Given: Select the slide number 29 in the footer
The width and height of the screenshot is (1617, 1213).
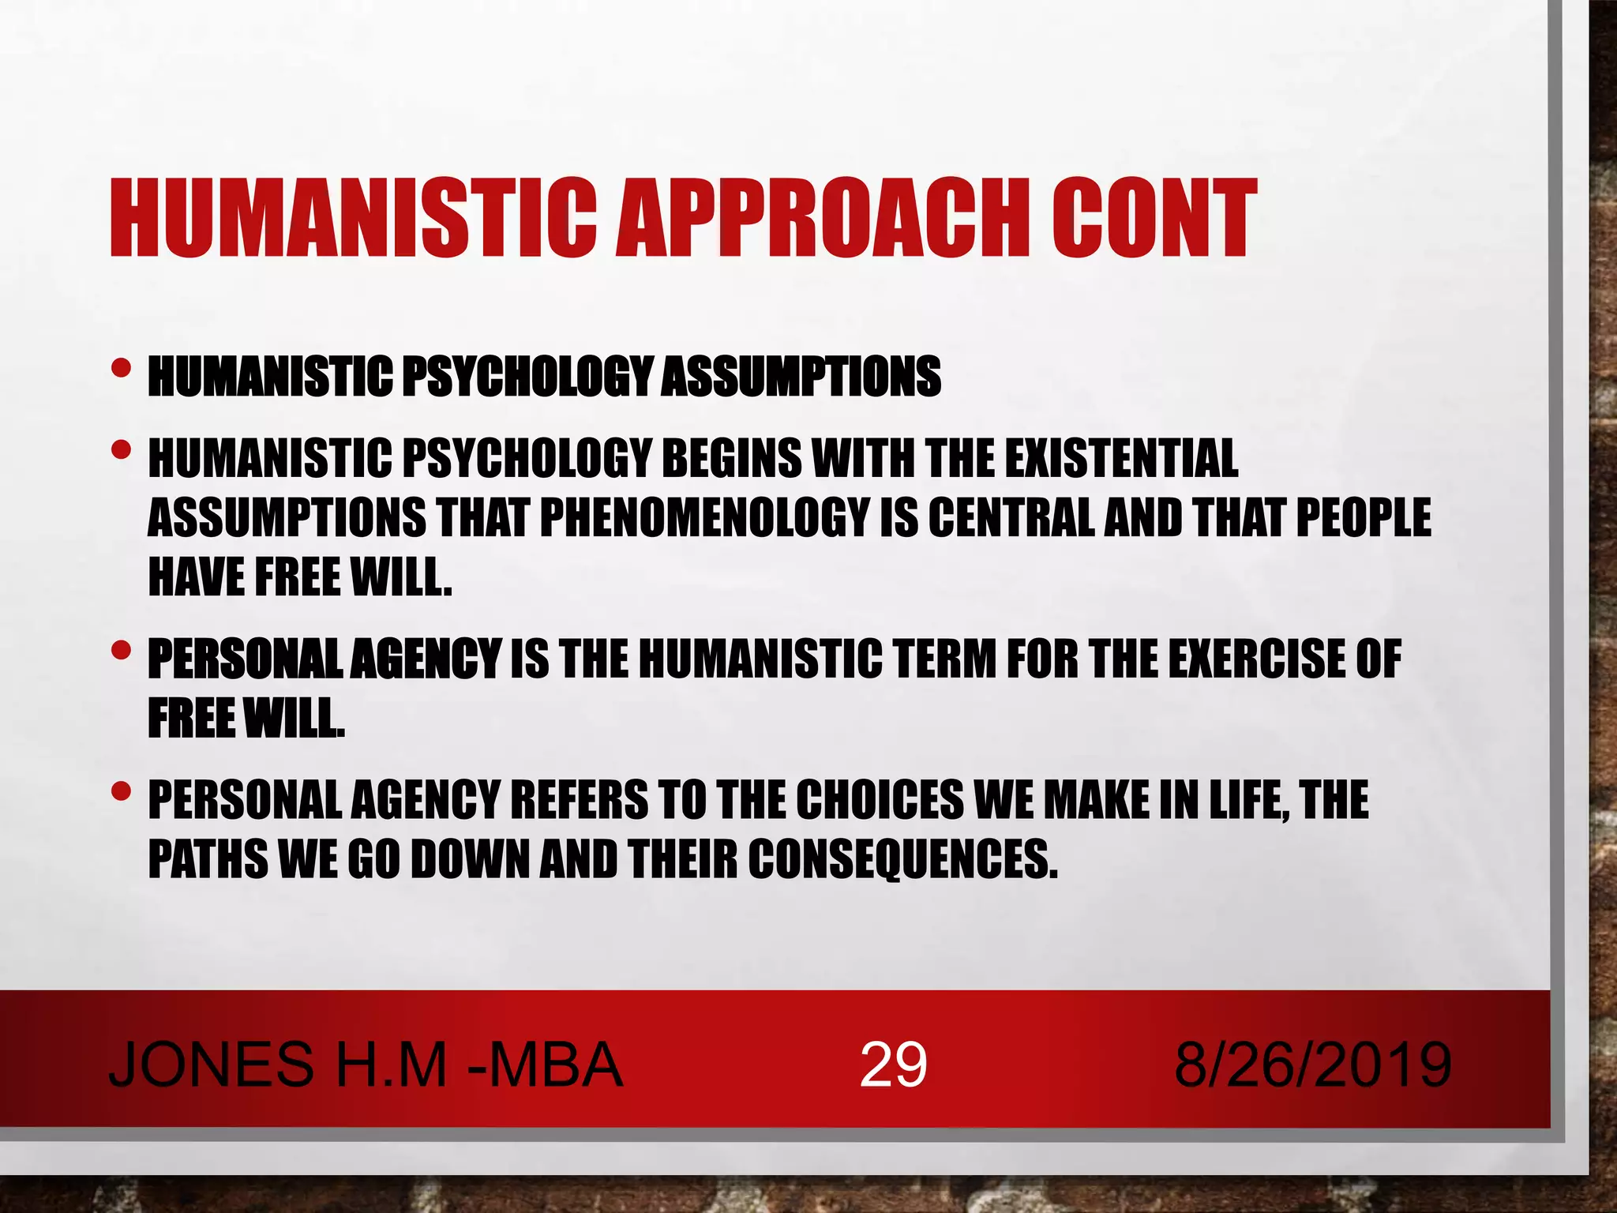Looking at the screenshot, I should pos(893,1065).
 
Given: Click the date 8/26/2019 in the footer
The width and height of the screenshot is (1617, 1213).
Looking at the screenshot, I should pos(1312,1065).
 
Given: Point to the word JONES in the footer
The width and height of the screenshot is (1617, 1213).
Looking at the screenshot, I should pos(211,1065).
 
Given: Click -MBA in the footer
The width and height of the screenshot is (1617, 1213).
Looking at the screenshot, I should pos(545,1065).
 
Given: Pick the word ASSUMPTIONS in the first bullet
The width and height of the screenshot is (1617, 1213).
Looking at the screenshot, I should pos(801,376).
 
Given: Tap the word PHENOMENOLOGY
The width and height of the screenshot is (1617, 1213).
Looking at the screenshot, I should pos(705,518).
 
